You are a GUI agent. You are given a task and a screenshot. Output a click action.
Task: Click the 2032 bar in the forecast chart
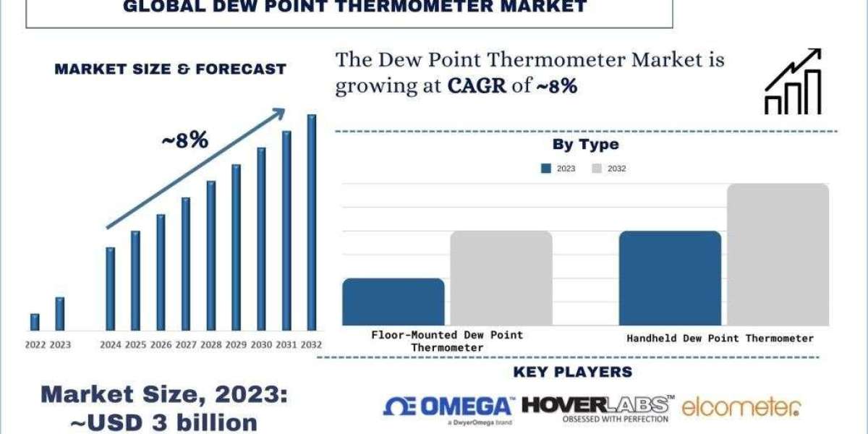click(x=312, y=223)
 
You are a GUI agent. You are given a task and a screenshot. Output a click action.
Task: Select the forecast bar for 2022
click(x=35, y=322)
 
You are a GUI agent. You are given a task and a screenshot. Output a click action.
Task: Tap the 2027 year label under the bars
click(x=185, y=345)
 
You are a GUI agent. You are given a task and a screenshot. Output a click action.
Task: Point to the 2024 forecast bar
click(x=110, y=289)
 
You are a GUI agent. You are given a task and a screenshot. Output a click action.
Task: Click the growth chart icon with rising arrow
click(x=793, y=81)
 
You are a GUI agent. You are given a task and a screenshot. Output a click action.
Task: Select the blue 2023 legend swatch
click(x=546, y=169)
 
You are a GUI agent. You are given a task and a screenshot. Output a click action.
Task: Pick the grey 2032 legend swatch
click(x=597, y=169)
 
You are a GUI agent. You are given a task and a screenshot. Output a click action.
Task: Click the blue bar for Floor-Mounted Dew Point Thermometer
click(x=393, y=302)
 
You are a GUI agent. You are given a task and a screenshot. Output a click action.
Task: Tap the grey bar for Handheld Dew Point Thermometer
click(x=778, y=255)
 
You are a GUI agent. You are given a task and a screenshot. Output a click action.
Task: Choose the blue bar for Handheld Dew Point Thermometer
click(x=671, y=278)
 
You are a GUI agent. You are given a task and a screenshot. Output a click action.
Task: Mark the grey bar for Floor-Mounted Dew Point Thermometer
click(x=501, y=278)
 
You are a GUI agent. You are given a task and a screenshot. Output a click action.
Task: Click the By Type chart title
click(x=586, y=144)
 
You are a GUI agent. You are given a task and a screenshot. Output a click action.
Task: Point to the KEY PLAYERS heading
click(x=572, y=373)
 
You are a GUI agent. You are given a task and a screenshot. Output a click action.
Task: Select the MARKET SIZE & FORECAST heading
click(x=171, y=69)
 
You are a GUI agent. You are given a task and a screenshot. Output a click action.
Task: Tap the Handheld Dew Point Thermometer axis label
click(x=720, y=338)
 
